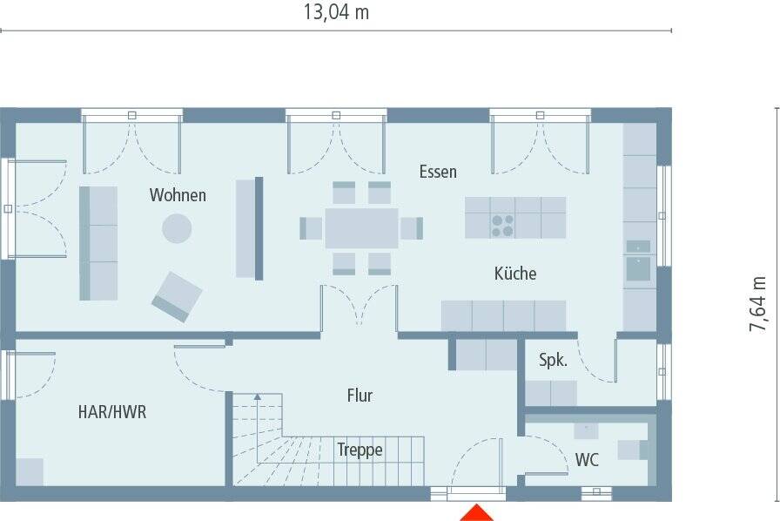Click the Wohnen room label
178,195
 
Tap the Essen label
438,172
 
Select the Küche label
515,273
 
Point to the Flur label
360,396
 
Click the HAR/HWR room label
112,412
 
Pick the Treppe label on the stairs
360,450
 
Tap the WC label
587,460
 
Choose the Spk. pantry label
553,360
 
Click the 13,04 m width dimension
336,12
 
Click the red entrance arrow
477,512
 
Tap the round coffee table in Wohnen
177,228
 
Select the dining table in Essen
361,228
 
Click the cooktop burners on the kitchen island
502,226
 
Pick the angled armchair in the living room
177,297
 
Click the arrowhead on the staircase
257,397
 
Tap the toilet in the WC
633,450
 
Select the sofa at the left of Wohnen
98,244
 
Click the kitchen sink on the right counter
638,268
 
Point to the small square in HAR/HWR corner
30,471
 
